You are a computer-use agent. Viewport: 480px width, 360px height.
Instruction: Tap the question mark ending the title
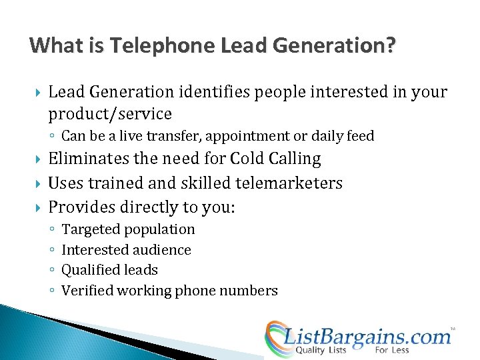[390, 45]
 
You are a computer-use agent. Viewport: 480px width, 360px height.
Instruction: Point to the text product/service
[110, 113]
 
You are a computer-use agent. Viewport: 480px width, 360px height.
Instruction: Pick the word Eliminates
[91, 159]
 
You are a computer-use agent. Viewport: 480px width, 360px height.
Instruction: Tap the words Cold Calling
[275, 159]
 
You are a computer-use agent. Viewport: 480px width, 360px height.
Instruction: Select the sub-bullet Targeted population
[128, 229]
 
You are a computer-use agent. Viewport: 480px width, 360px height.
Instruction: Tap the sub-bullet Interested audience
[126, 250]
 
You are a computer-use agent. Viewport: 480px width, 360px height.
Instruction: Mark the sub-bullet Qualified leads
[109, 270]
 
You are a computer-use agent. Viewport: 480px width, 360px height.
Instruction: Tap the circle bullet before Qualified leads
[52, 271]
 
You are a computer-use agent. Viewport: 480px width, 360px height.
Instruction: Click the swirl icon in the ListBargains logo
[275, 337]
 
